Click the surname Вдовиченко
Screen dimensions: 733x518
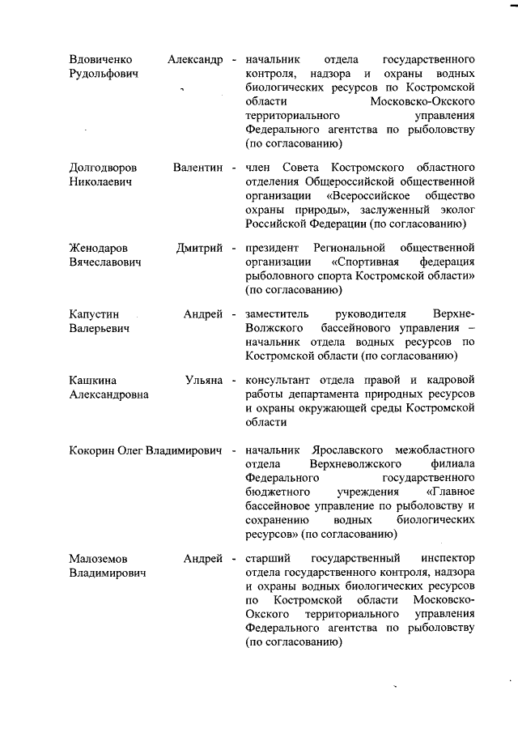[x=101, y=60]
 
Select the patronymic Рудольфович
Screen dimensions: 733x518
[x=104, y=74]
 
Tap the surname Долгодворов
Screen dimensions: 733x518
[x=103, y=167]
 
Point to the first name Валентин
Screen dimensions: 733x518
[x=197, y=167]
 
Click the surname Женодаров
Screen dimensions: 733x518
[x=100, y=247]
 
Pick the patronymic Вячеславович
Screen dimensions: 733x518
[x=106, y=262]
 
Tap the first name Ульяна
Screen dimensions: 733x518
[x=204, y=380]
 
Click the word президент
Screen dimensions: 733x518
[x=271, y=247]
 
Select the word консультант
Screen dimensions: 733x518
[x=277, y=380]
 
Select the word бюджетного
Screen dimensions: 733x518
[x=276, y=492]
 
